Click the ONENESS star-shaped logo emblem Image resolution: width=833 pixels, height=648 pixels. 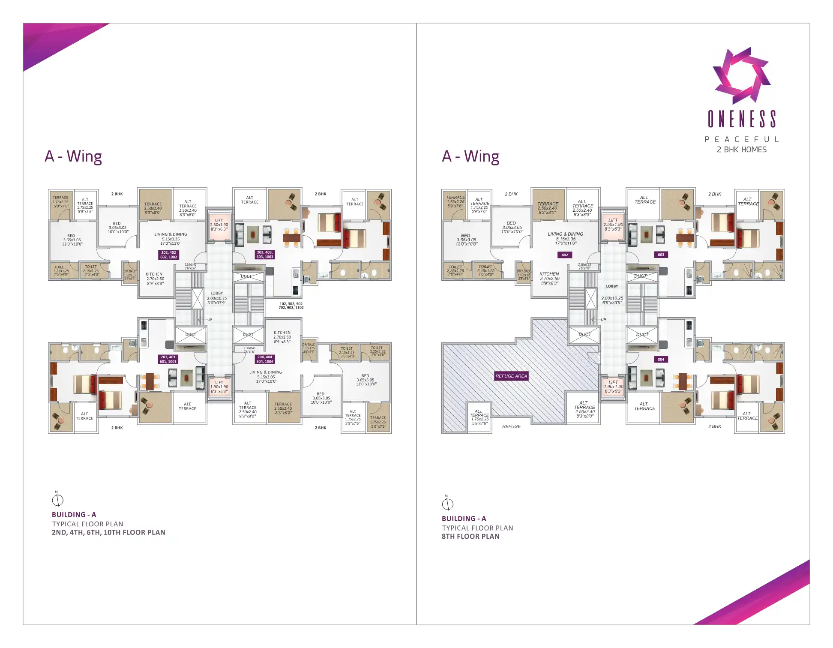click(741, 75)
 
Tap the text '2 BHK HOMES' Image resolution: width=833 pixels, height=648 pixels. click(741, 150)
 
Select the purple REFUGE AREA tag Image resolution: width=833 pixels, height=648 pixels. click(511, 376)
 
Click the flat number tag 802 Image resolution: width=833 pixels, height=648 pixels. click(565, 255)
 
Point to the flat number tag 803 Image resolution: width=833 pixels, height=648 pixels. click(661, 255)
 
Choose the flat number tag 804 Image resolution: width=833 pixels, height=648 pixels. click(661, 360)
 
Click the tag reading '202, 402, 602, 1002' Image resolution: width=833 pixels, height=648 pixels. click(169, 255)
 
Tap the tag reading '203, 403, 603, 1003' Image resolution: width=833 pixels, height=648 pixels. click(265, 255)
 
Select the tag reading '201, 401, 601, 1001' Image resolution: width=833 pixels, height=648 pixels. click(168, 359)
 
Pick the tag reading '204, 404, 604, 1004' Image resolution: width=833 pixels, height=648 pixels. click(265, 359)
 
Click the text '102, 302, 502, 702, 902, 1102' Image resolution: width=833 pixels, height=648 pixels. click(291, 306)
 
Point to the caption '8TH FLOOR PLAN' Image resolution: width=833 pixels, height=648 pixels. click(470, 536)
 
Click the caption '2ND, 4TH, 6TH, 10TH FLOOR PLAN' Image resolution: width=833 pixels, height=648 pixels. click(108, 532)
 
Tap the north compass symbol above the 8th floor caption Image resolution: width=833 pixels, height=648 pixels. click(447, 504)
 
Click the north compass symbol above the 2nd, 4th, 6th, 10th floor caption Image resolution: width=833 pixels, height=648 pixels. click(57, 500)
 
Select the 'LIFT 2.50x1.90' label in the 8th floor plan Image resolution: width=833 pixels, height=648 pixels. click(613, 225)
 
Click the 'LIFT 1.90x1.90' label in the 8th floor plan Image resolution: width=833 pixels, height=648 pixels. click(613, 387)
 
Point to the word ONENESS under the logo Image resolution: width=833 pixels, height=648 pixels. click(741, 119)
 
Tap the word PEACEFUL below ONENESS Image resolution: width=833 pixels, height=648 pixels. click(741, 139)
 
